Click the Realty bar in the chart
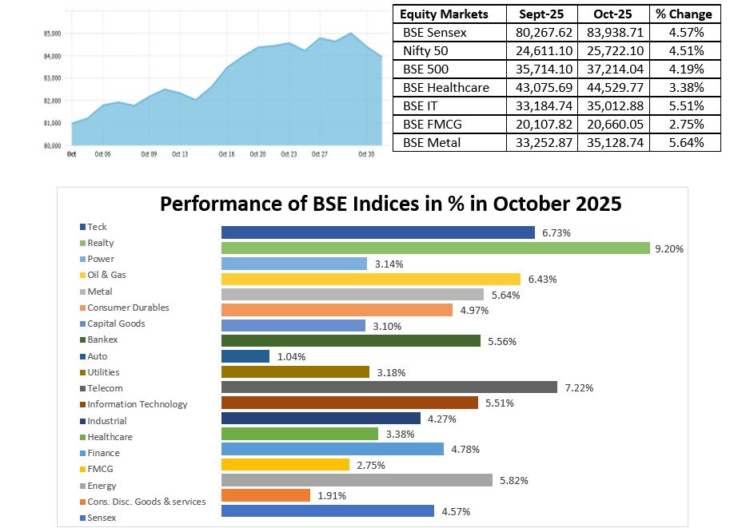pos(435,248)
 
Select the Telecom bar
pos(389,387)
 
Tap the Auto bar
pos(245,356)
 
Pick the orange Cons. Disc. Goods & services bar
pos(265,495)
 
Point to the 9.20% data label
pos(668,248)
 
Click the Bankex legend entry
pos(102,339)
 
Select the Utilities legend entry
pos(104,371)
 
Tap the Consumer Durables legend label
pos(128,308)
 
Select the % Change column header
pos(684,14)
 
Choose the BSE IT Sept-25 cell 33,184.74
pos(544,105)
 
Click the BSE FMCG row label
pos(433,124)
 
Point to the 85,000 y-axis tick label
pos(52,34)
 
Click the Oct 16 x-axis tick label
pos(228,154)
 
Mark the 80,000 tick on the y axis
pos(52,145)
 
